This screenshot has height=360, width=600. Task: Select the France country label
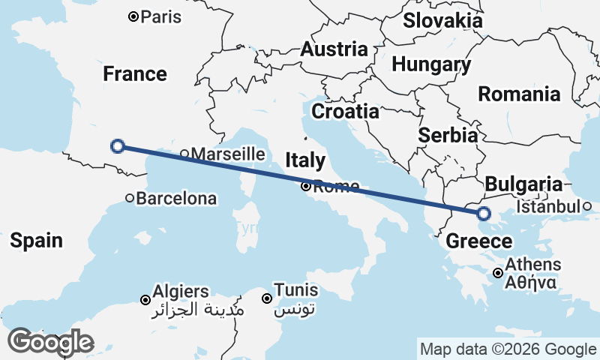(x=135, y=74)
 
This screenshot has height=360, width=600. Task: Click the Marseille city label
(x=228, y=154)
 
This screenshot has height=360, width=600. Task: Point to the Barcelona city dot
(x=130, y=199)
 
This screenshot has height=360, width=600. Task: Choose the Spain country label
(x=36, y=241)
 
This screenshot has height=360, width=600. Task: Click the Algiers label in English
(x=180, y=290)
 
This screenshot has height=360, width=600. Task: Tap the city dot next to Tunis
(x=267, y=298)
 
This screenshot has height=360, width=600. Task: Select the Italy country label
(x=305, y=160)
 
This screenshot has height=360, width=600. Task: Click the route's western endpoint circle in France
(x=118, y=146)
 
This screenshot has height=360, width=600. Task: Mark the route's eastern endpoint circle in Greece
(x=484, y=214)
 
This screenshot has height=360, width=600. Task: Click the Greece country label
(x=479, y=241)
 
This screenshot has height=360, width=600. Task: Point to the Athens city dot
(x=497, y=274)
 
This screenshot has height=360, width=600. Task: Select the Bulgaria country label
(x=523, y=184)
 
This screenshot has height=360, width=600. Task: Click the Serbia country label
(x=448, y=136)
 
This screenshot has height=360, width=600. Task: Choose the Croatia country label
(x=345, y=112)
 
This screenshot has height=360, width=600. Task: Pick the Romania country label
(x=519, y=94)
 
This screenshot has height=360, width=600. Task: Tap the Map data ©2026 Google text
(x=508, y=349)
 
